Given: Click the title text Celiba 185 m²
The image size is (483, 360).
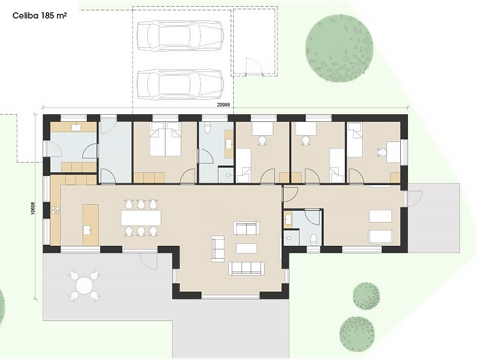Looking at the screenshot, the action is (x=40, y=16).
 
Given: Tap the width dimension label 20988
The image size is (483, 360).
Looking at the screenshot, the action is (x=224, y=105).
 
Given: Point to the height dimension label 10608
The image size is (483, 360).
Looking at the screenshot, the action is (x=33, y=208).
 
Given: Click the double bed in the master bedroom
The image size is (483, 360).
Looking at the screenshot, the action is (x=165, y=139).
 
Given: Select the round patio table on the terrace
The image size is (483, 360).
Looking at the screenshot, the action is (x=85, y=285).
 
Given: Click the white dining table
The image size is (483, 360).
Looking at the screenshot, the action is (x=141, y=218).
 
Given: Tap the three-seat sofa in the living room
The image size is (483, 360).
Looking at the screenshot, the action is (x=246, y=268).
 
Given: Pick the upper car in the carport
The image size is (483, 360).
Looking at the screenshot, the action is (x=180, y=35).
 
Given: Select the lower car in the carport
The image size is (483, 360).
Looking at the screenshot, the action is (x=180, y=84).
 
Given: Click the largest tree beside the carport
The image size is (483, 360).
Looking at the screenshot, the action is (x=340, y=48).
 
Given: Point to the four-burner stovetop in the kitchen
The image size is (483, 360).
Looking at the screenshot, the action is (x=55, y=210).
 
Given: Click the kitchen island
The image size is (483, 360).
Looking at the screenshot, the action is (x=90, y=225).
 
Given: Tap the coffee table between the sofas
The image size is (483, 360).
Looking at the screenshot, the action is (x=247, y=248).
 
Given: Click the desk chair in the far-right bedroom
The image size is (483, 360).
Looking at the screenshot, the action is (x=382, y=152).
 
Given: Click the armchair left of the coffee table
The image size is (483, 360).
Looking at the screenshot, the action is (x=218, y=249).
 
